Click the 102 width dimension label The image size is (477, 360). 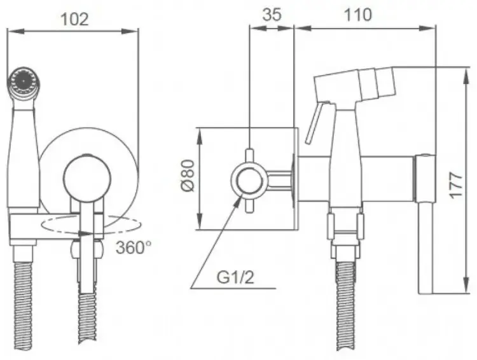(x=74, y=19)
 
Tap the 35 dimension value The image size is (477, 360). (x=272, y=14)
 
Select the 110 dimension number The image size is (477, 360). (x=357, y=14)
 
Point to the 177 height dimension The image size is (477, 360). (x=456, y=185)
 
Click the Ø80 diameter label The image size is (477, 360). (x=188, y=176)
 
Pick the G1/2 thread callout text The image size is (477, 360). (x=235, y=277)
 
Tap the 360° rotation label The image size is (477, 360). (x=134, y=247)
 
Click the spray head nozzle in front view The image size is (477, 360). (x=23, y=81)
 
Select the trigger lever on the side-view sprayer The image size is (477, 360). (x=316, y=122)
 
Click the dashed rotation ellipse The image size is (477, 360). (x=91, y=225)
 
